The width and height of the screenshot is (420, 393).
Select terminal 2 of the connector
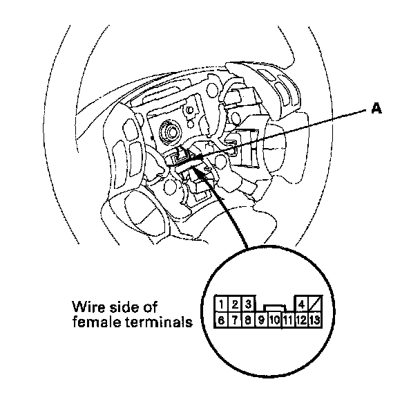tap(235, 304)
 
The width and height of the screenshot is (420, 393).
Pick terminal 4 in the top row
tap(302, 304)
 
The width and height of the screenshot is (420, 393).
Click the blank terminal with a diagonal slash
tap(315, 304)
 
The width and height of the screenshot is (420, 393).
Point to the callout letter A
tap(377, 109)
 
